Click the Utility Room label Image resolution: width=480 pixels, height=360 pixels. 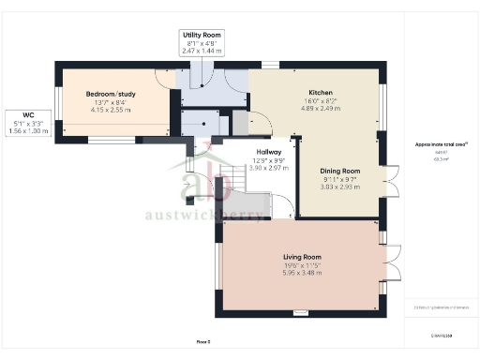pyautogui.click(x=202, y=34)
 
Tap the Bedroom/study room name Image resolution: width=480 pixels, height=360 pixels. pyautogui.click(x=111, y=94)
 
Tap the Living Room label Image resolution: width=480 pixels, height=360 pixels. pyautogui.click(x=302, y=256)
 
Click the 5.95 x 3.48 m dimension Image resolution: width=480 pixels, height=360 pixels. pyautogui.click(x=302, y=274)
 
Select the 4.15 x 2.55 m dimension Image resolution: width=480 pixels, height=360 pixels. pyautogui.click(x=111, y=111)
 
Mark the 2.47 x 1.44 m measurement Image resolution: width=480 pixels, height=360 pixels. pyautogui.click(x=202, y=52)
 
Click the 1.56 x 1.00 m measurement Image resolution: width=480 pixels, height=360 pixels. pyautogui.click(x=16, y=131)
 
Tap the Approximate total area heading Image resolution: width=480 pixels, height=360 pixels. pyautogui.click(x=440, y=143)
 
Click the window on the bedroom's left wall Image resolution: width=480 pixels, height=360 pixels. pyautogui.click(x=56, y=104)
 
